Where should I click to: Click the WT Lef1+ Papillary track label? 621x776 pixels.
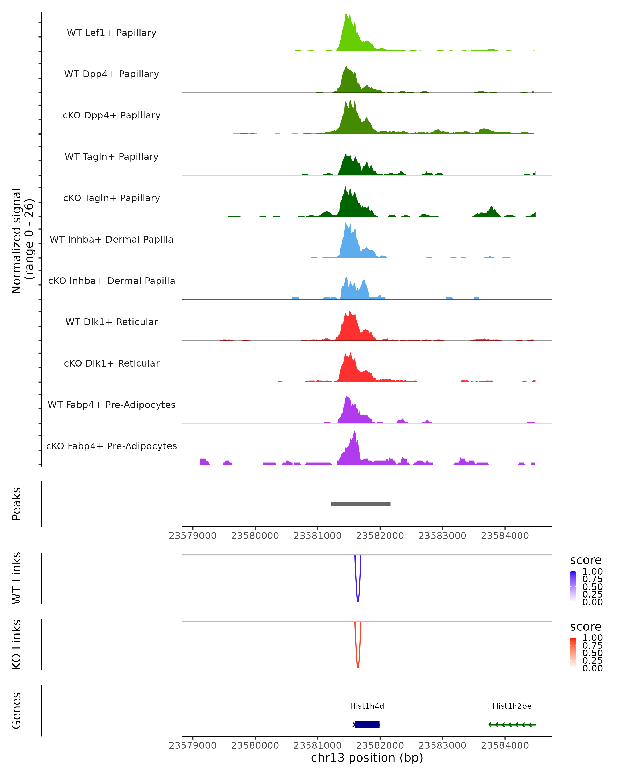(x=112, y=33)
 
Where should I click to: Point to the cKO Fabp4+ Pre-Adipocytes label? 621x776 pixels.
(x=112, y=446)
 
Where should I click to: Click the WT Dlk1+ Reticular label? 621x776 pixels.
(x=112, y=322)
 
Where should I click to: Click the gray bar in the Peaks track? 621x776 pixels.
(x=361, y=504)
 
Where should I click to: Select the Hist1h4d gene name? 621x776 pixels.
(x=367, y=706)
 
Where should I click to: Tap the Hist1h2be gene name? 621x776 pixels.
(x=512, y=706)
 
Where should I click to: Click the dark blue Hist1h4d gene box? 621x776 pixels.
(x=367, y=725)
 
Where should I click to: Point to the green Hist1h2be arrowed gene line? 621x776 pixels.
(x=512, y=725)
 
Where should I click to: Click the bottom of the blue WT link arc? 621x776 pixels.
(x=358, y=601)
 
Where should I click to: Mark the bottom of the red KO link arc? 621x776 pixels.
(x=358, y=667)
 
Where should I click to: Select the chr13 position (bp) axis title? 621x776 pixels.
(x=367, y=758)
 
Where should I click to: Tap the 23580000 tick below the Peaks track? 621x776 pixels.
(x=255, y=536)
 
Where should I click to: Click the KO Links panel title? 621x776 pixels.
(x=17, y=644)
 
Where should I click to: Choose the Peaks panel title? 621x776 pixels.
(x=17, y=504)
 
